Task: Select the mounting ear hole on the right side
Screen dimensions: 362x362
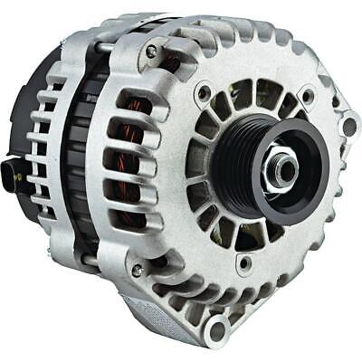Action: pyautogui.click(x=348, y=126)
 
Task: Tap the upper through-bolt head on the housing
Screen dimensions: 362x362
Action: pyautogui.click(x=150, y=52)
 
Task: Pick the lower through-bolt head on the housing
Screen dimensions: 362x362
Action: pyautogui.click(x=136, y=271)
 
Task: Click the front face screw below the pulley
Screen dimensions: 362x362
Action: pyautogui.click(x=243, y=265)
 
